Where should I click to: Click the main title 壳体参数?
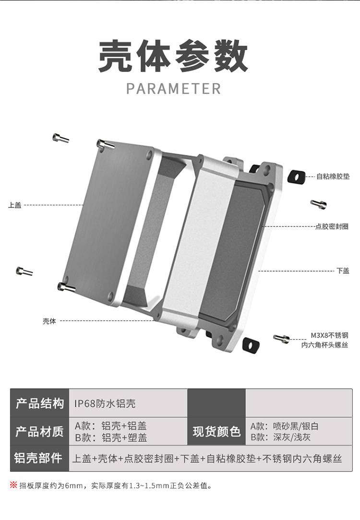tap(173, 57)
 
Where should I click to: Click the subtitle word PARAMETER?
tap(173, 89)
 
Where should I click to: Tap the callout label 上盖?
tap(15, 205)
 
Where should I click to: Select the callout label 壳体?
tap(49, 321)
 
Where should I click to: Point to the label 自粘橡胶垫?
tap(333, 177)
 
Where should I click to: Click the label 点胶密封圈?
tap(332, 226)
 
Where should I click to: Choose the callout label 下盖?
tap(342, 271)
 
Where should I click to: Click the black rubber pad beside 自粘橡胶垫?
tap(296, 177)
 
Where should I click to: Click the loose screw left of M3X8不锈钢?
tap(282, 339)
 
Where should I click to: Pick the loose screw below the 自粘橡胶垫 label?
tap(318, 204)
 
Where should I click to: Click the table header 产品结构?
tap(39, 403)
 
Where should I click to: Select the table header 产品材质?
tap(39, 431)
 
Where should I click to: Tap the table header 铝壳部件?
tap(39, 458)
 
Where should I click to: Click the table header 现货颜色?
tap(216, 431)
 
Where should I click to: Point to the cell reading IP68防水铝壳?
tap(101, 403)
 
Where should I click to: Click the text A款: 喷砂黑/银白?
tap(285, 426)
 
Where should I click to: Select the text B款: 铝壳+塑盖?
tap(111, 437)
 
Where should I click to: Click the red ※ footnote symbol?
tap(13, 485)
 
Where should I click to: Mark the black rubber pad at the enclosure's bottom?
tap(251, 344)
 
